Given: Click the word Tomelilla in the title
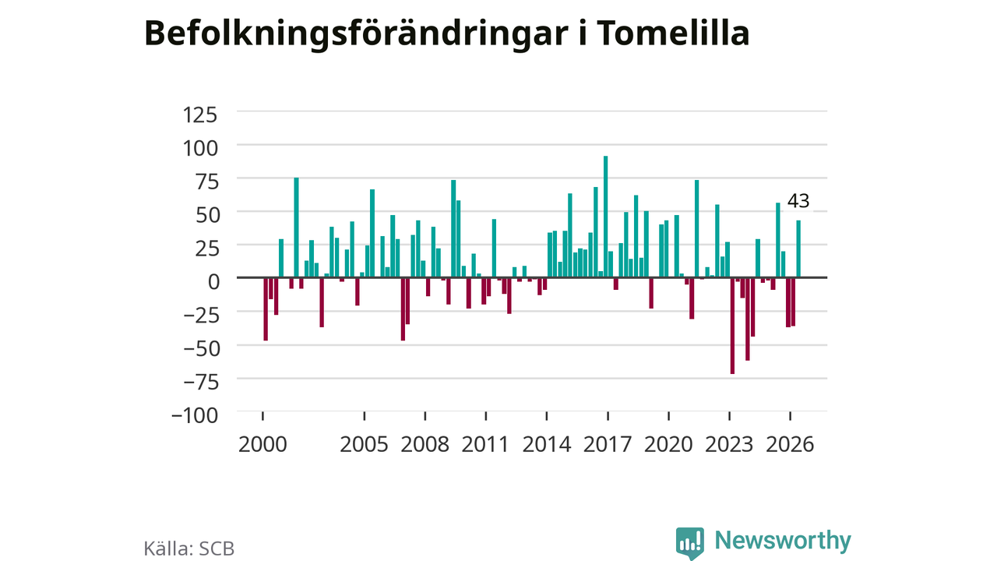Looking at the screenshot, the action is click(x=673, y=34).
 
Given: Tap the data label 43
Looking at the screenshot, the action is click(x=798, y=201).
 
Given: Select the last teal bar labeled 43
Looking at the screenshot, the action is click(x=798, y=249).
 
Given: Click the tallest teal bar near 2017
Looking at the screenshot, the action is click(x=605, y=217).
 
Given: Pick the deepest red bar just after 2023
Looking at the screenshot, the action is click(x=732, y=326).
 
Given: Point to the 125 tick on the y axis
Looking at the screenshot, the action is click(x=200, y=115).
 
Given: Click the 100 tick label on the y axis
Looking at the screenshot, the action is click(x=200, y=148).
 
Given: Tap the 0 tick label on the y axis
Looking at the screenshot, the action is click(x=213, y=282).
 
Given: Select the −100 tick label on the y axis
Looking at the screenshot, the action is click(x=195, y=416).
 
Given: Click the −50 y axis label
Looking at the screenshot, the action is click(x=202, y=348).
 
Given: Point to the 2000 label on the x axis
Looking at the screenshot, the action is click(x=262, y=444).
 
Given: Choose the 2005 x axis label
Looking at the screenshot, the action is click(x=364, y=444).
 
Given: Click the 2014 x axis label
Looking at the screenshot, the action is click(x=547, y=444).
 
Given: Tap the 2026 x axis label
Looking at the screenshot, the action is click(x=790, y=444).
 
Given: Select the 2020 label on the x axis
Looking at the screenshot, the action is click(x=668, y=444).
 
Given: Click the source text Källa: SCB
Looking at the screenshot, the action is click(x=188, y=549).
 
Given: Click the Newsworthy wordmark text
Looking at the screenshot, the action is click(x=783, y=540).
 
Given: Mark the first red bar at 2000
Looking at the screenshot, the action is click(x=266, y=309).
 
